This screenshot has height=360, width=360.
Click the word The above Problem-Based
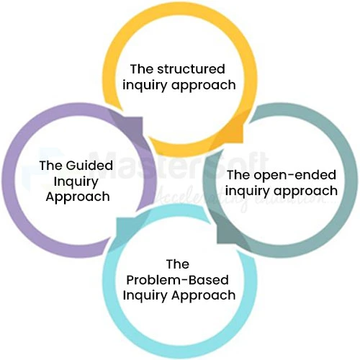point(177,264)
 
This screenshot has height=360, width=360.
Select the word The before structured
point(141,70)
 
